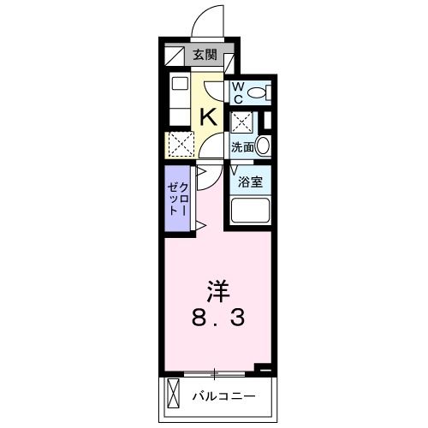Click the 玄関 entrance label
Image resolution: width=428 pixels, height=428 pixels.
tap(205, 55)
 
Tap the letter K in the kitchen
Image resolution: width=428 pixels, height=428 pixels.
tap(208, 117)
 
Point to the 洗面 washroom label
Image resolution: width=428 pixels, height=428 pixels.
tap(242, 147)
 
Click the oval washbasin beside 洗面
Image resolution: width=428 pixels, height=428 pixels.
tap(263, 146)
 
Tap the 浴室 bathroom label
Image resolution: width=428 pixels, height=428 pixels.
tap(250, 181)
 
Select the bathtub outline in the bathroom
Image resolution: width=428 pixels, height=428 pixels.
tap(250, 210)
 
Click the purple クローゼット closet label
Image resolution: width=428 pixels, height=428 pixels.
tap(177, 199)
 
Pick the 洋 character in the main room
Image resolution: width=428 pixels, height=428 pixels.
tap(218, 291)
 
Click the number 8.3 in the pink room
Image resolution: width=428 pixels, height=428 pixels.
tap(218, 318)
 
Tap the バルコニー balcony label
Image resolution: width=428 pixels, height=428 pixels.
tap(223, 396)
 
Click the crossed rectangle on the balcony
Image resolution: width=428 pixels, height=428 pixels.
tap(173, 394)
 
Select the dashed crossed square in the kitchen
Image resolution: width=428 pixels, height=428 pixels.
tap(181, 144)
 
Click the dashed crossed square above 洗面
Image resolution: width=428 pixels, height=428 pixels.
tap(242, 122)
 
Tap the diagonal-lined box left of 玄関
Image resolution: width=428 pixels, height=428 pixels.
tap(175, 56)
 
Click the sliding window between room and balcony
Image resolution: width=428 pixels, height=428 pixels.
tap(214, 373)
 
